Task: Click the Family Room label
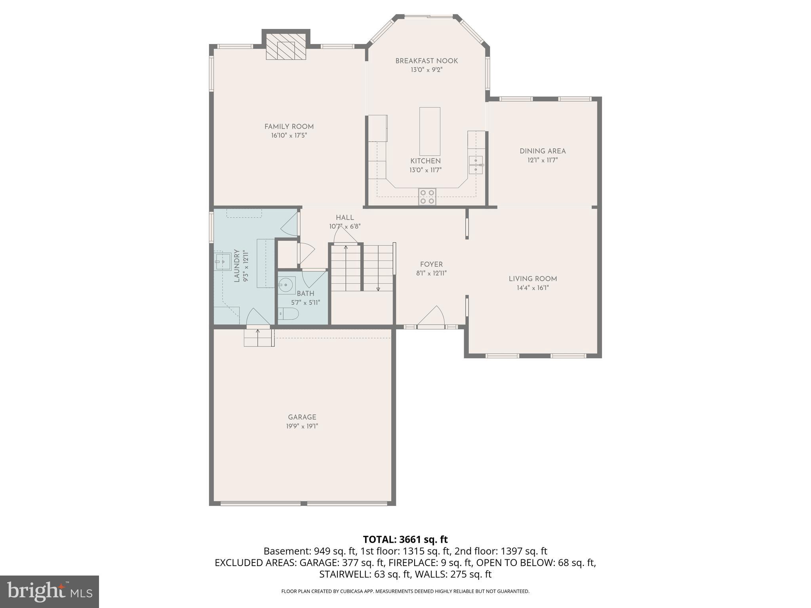click(289, 127)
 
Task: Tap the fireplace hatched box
click(286, 46)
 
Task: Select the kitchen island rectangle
click(430, 131)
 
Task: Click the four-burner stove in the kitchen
click(427, 196)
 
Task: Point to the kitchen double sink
click(476, 165)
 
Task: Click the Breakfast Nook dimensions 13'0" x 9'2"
click(426, 70)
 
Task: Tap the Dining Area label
click(543, 151)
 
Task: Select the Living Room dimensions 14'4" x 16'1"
click(533, 288)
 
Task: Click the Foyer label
click(431, 264)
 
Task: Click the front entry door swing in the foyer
click(432, 317)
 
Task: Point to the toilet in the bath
click(288, 313)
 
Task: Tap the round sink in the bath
click(286, 285)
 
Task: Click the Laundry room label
click(237, 266)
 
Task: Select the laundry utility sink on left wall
click(223, 261)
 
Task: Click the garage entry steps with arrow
click(259, 337)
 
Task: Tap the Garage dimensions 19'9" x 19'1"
click(302, 426)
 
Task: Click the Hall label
click(345, 218)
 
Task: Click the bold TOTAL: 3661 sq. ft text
click(405, 540)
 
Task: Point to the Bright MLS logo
click(49, 592)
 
